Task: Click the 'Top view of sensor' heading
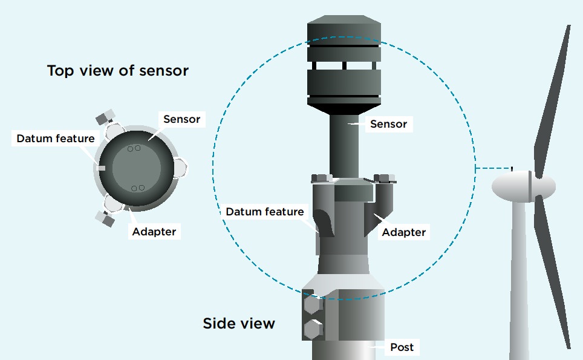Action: [x=118, y=71]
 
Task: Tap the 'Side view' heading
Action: [x=239, y=323]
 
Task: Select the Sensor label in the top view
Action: [x=181, y=119]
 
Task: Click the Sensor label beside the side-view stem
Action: [x=388, y=125]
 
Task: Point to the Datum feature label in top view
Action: [x=56, y=139]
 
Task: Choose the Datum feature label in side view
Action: [x=265, y=212]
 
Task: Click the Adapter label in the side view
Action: [x=404, y=232]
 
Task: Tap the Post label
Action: [x=402, y=347]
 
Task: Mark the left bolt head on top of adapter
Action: [x=321, y=178]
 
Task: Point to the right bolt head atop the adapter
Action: [x=385, y=178]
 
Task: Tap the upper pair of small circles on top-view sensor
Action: [x=134, y=148]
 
